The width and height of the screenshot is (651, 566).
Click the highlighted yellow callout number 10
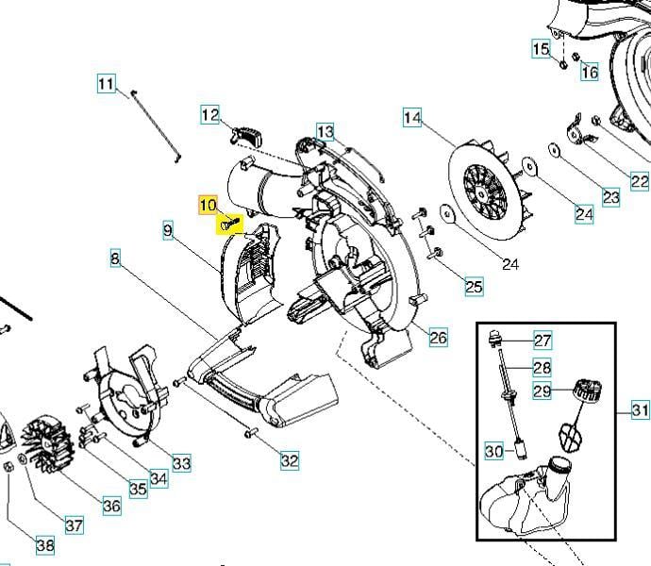click(209, 205)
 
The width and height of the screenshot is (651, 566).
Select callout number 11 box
click(106, 84)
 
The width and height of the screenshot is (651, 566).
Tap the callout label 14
click(412, 118)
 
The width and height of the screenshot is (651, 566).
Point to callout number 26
click(439, 337)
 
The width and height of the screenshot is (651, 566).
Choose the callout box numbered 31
click(641, 409)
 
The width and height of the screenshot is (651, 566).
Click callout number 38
click(45, 545)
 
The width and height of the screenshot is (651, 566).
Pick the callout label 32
click(289, 460)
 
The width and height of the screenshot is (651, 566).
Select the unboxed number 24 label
click(510, 264)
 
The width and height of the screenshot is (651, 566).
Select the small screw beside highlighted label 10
click(230, 225)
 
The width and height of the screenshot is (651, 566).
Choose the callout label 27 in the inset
click(542, 341)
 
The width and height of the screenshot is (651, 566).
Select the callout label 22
click(640, 182)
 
